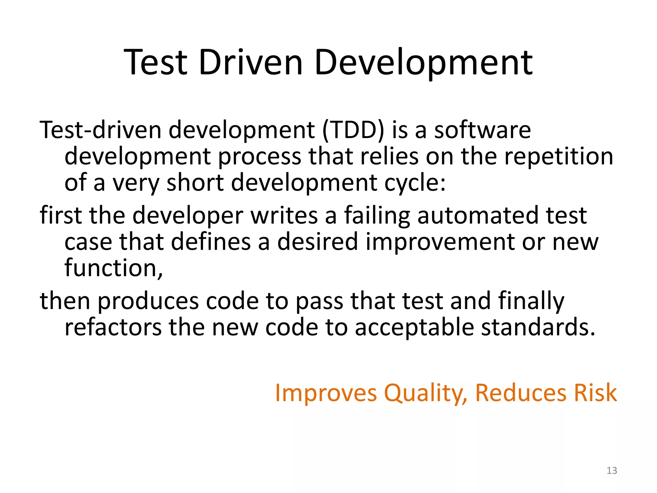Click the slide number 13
point(611,471)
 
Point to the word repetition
point(559,157)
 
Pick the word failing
point(377,215)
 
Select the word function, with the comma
point(114,268)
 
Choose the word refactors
point(113,327)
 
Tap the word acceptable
point(414,327)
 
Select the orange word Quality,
point(425,393)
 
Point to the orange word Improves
point(326,393)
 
